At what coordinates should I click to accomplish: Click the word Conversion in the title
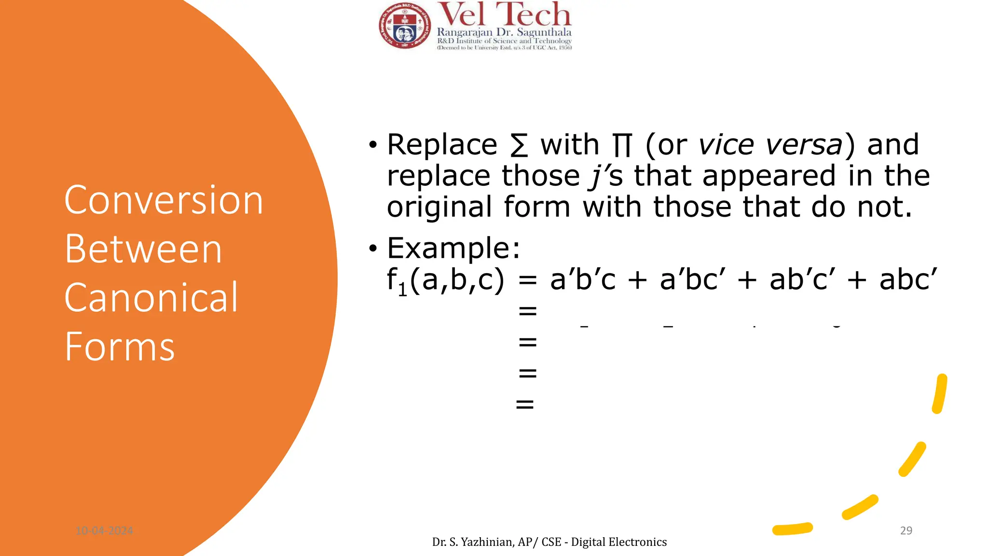coord(164,200)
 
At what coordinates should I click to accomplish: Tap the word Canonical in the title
coord(151,298)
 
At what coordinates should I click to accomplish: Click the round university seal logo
coord(404,26)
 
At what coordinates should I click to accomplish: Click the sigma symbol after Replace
coord(519,145)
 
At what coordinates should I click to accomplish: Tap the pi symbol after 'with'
coord(622,145)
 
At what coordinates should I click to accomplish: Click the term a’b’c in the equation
coord(583,279)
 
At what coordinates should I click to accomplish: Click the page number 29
coord(906,530)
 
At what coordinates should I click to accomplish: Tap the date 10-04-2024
coord(104,531)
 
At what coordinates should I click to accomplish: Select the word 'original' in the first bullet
coord(439,207)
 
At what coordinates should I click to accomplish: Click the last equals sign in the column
coord(525,404)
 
